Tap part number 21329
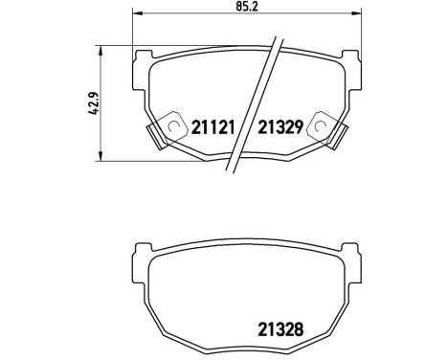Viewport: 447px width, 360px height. point(279,127)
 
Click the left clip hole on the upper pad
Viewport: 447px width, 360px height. point(173,124)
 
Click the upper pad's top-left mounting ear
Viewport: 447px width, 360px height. point(142,56)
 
